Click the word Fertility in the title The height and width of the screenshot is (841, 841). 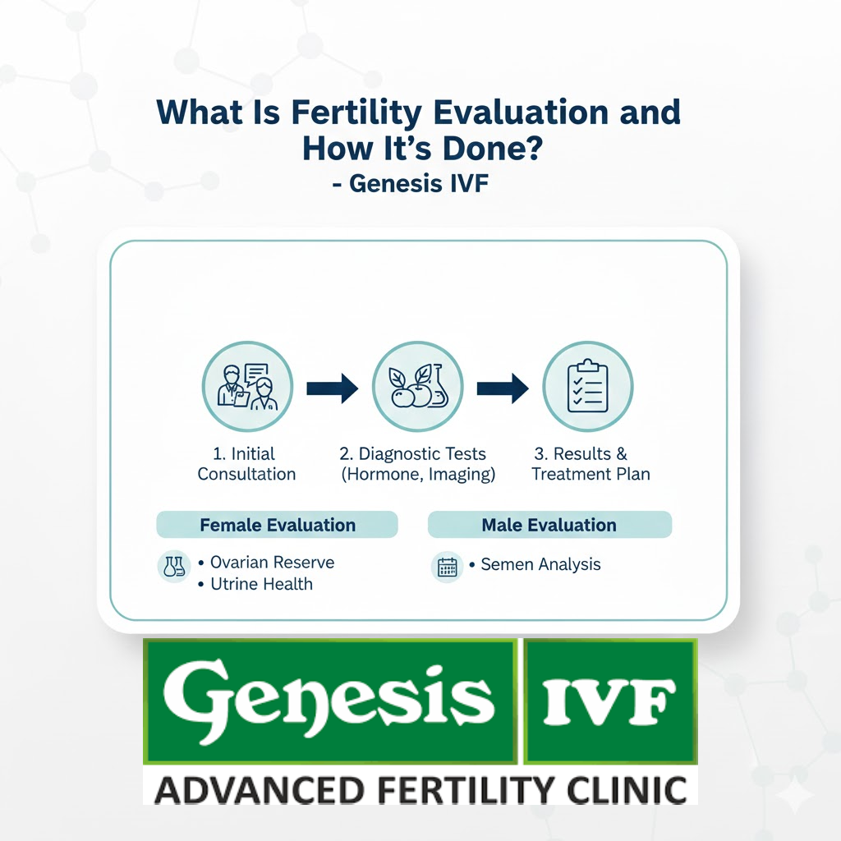click(356, 113)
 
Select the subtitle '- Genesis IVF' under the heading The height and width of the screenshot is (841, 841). click(411, 183)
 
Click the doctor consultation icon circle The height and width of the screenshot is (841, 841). click(247, 387)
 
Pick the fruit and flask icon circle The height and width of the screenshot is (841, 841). click(418, 387)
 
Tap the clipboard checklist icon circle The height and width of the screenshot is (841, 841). click(588, 387)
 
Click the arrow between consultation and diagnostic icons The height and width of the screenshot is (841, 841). click(333, 388)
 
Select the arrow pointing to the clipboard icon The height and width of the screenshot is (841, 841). click(503, 388)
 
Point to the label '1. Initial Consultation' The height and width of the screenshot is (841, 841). click(246, 464)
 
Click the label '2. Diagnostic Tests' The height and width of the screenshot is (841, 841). click(413, 453)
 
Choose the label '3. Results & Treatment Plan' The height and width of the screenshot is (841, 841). click(591, 464)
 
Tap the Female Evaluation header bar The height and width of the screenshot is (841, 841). click(278, 525)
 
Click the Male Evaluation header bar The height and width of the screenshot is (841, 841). click(549, 525)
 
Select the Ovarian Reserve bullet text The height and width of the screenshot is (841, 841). click(272, 562)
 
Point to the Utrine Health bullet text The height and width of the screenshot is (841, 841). click(261, 584)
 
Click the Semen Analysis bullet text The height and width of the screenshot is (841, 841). click(540, 564)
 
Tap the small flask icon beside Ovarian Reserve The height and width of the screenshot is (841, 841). click(174, 567)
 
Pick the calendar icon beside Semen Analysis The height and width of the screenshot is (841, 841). click(448, 567)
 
